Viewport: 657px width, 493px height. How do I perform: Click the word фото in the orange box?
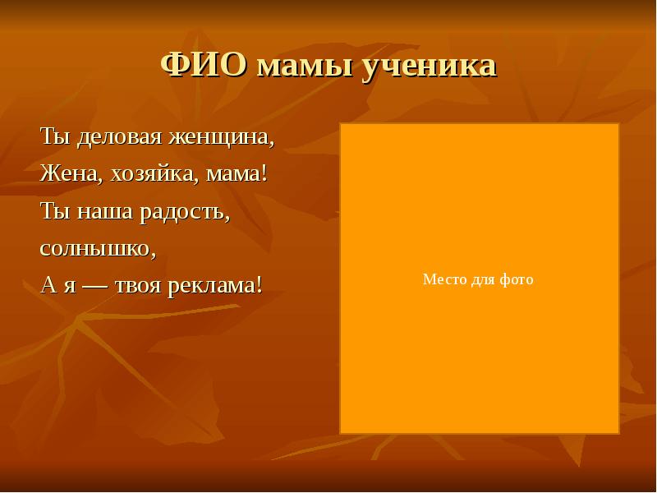tap(518, 279)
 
